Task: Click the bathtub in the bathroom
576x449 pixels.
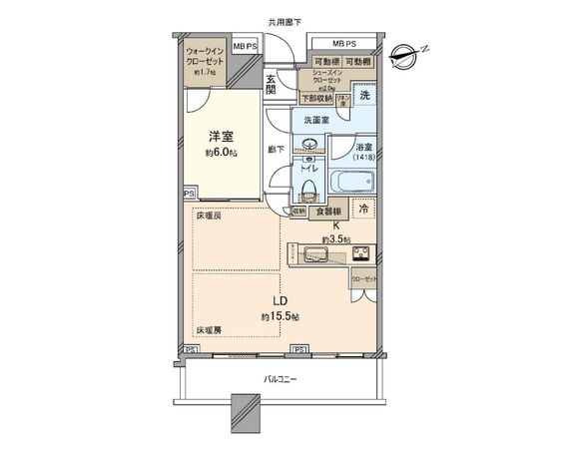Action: [352, 182]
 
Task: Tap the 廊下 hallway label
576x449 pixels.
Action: [277, 150]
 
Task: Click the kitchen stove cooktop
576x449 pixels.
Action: [359, 251]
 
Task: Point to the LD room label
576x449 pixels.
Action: [282, 300]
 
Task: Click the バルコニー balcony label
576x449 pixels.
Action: [281, 378]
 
